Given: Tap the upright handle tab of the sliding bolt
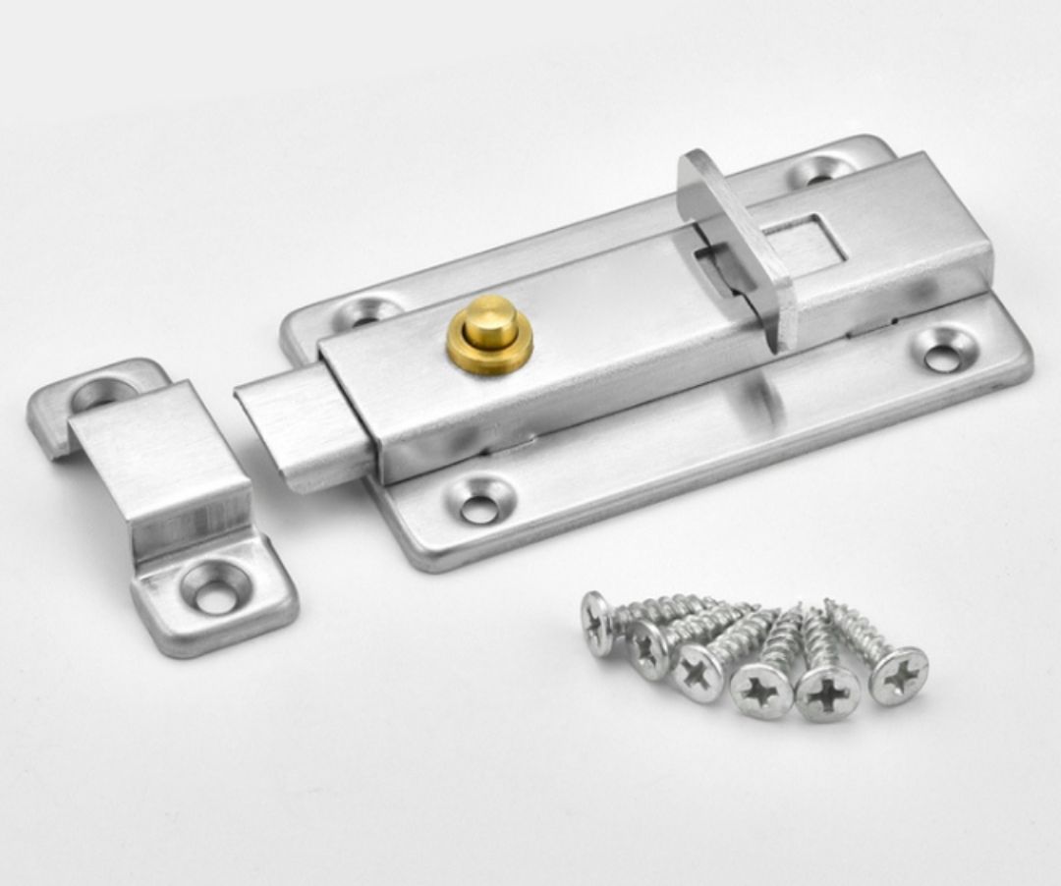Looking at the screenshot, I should pos(737,246).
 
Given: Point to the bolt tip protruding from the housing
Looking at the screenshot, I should pos(295,432).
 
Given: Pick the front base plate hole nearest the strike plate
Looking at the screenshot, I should pos(480,506).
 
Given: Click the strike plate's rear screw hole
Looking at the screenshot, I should pos(101,395).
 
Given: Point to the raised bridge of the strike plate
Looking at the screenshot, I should pos(167,462).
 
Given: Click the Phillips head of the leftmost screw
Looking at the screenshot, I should pos(596,623).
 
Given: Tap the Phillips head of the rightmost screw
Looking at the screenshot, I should pos(898,675).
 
